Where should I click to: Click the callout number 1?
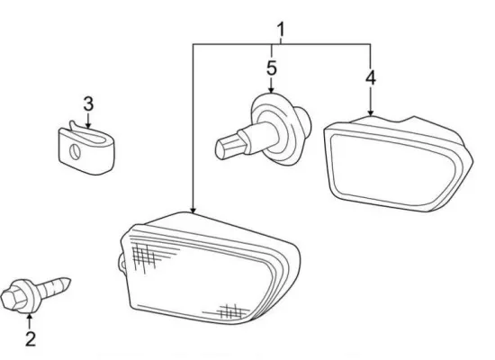point(281,30)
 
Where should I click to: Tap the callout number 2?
point(31,338)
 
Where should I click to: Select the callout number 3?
point(88,103)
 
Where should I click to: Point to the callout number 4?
point(371,77)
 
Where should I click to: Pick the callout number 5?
point(272,67)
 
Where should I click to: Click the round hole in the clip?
point(75,151)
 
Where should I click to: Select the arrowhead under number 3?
point(88,125)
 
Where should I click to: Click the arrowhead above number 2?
point(30,317)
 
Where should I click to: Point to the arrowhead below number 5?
point(271,90)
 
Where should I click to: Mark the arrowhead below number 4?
point(371,112)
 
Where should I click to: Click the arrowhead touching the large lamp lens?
point(193,210)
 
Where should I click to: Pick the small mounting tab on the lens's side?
point(121,262)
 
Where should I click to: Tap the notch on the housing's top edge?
point(405,120)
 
